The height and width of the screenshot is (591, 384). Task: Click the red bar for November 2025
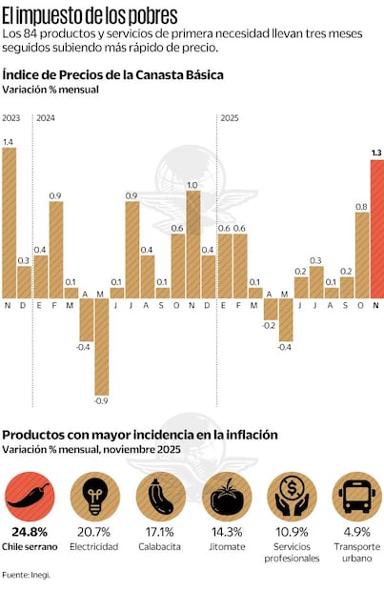[x=376, y=229]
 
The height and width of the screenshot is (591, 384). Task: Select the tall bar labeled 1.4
[x=10, y=222]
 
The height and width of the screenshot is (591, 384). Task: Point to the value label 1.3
[x=376, y=152]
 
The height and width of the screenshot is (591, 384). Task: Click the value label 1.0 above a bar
[x=192, y=185]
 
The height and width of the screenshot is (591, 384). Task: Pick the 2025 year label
[x=230, y=118]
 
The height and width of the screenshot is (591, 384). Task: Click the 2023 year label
[x=11, y=118]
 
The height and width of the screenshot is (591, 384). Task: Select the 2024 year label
[x=46, y=118]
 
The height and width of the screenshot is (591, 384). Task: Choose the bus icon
[x=356, y=496]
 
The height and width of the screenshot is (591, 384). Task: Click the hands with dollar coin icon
[x=292, y=496]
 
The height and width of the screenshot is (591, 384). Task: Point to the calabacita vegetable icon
[x=160, y=496]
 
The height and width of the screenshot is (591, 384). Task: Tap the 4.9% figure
[x=356, y=532]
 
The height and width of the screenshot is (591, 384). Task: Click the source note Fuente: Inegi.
[x=26, y=575]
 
